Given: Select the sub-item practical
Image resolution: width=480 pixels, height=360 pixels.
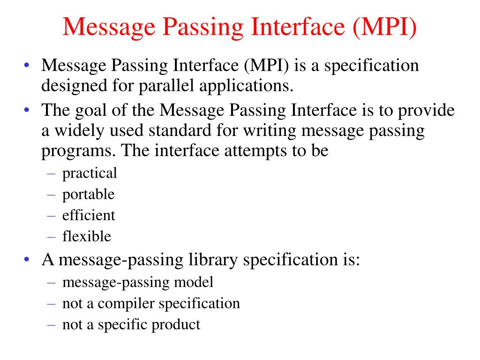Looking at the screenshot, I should click(x=90, y=173).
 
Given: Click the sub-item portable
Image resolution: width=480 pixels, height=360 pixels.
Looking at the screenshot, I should click(x=88, y=195).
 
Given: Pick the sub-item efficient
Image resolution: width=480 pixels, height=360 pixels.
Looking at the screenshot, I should click(x=89, y=215).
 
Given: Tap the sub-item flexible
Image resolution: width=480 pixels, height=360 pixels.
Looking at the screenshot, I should click(x=87, y=236).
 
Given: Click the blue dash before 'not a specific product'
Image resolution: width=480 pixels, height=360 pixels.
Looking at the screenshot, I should click(x=51, y=324).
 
